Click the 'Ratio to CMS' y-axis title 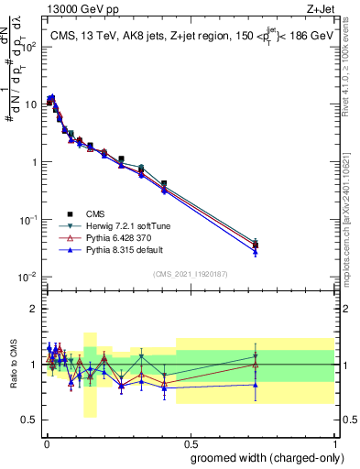click(x=13, y=365)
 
